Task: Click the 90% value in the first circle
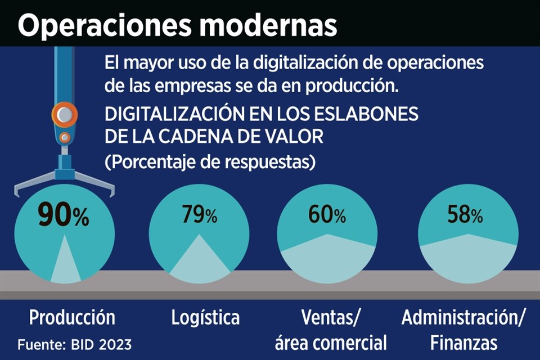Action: tap(63, 215)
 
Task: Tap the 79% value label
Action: tap(199, 215)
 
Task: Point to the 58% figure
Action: tap(465, 214)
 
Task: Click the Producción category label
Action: tap(72, 317)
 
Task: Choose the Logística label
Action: tap(205, 317)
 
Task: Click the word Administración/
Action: tap(463, 317)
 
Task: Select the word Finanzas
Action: tap(463, 342)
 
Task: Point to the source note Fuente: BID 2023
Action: tap(75, 343)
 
